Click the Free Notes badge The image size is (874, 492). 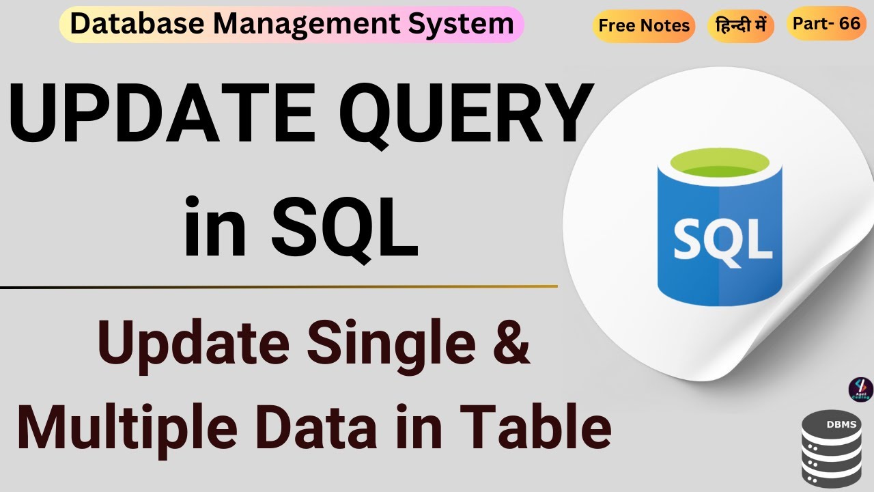(x=644, y=26)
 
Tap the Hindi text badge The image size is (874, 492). (x=740, y=26)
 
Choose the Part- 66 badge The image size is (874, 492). (x=826, y=23)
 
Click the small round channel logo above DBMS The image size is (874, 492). (x=860, y=389)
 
